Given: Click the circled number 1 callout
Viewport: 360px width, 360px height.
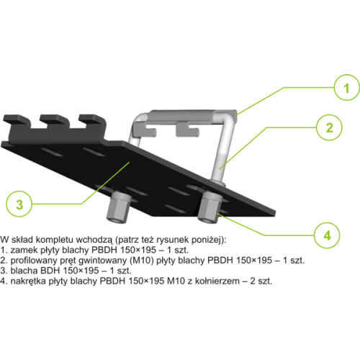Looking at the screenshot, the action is pyautogui.click(x=346, y=88).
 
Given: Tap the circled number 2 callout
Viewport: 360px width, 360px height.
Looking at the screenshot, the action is pyautogui.click(x=329, y=127).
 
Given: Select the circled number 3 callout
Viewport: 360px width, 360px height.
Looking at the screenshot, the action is pyautogui.click(x=19, y=204).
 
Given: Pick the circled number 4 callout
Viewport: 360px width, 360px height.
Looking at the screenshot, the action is pyautogui.click(x=327, y=235).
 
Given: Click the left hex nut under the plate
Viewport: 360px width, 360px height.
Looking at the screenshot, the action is pyautogui.click(x=118, y=207).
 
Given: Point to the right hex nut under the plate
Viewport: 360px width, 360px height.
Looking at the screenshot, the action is pyautogui.click(x=210, y=207).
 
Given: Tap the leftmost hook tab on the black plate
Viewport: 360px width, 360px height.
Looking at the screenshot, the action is pyautogui.click(x=16, y=120).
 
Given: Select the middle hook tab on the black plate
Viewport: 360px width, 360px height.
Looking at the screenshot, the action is pyautogui.click(x=54, y=120).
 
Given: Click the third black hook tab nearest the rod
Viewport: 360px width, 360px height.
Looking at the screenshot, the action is pyautogui.click(x=92, y=120).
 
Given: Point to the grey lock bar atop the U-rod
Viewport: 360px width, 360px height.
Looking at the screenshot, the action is pyautogui.click(x=193, y=116).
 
